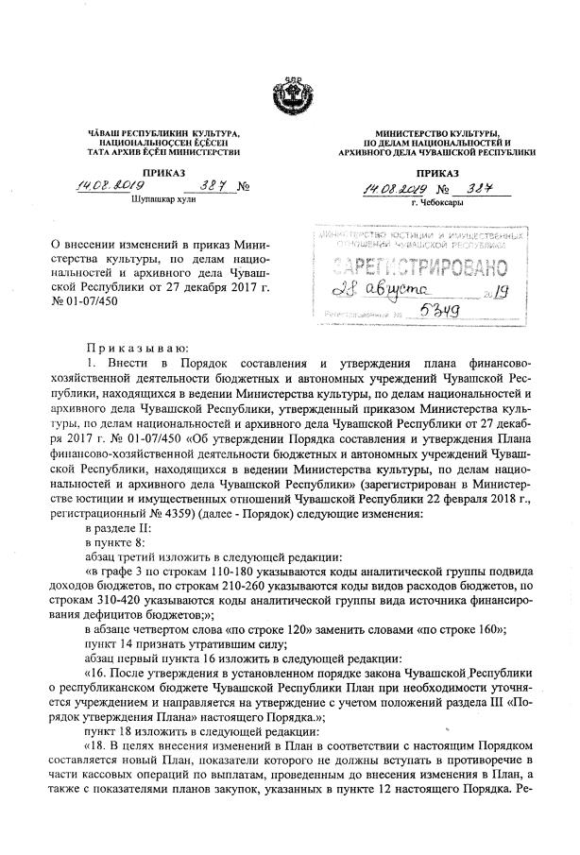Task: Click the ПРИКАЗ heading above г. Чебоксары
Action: (x=435, y=173)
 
